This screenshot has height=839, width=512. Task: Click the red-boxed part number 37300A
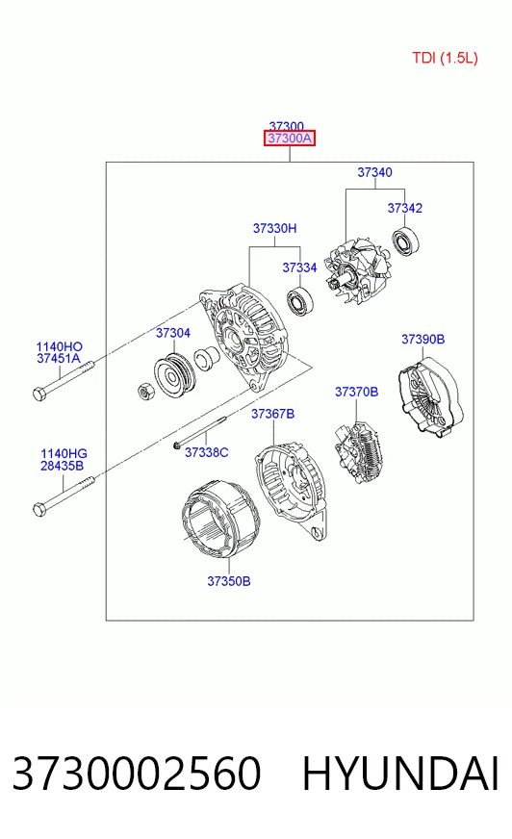click(290, 139)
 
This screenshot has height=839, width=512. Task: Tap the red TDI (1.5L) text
click(445, 58)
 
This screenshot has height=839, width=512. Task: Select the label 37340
click(374, 172)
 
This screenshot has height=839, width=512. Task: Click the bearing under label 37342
click(405, 242)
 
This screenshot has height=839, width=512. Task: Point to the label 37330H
click(274, 228)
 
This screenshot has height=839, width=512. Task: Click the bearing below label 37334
click(300, 301)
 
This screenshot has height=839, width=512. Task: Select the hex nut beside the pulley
click(146, 392)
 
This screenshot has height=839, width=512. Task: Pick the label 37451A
click(59, 359)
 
